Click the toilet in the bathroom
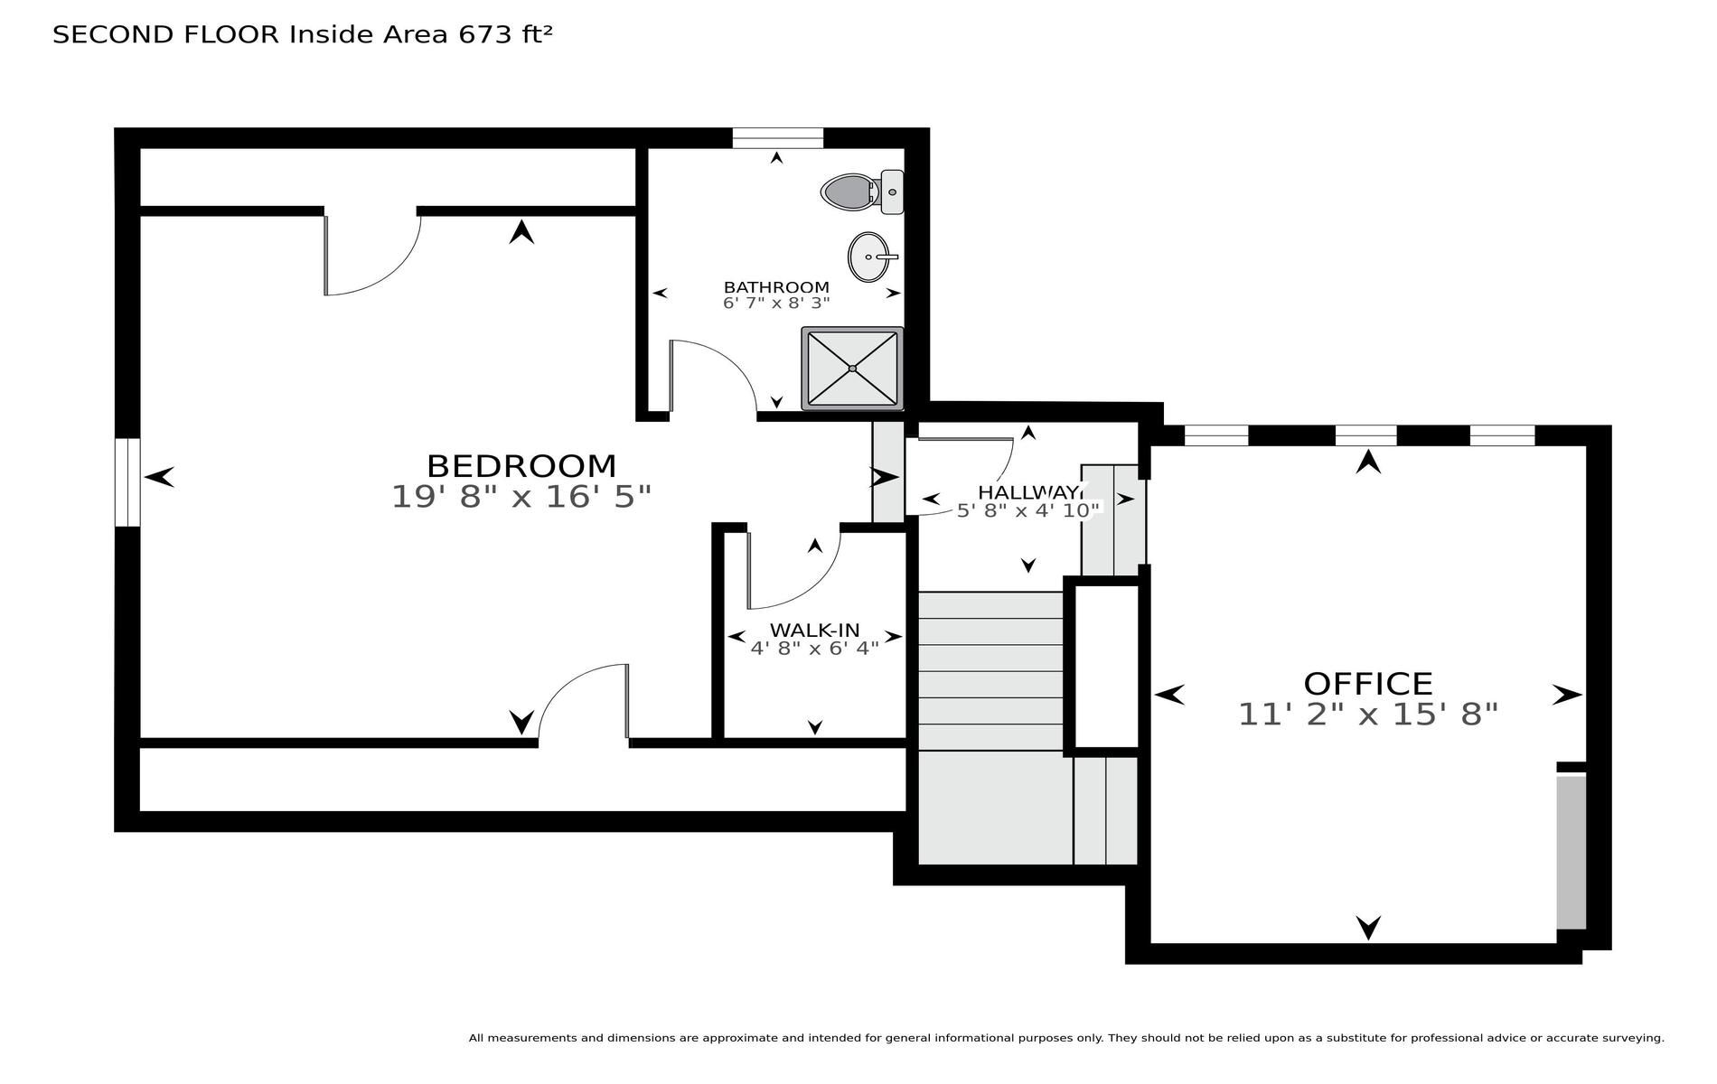pyautogui.click(x=862, y=192)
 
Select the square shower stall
pyautogui.click(x=852, y=369)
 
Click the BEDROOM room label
pyautogui.click(x=521, y=466)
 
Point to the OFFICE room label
pyautogui.click(x=1368, y=683)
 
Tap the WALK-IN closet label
pyautogui.click(x=814, y=630)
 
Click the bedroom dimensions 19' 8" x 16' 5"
pyautogui.click(x=521, y=497)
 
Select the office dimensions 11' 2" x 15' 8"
pyautogui.click(x=1368, y=715)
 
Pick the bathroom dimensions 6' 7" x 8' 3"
pyautogui.click(x=776, y=304)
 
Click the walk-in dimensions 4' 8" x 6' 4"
pyautogui.click(x=814, y=648)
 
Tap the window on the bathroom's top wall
pyautogui.click(x=777, y=137)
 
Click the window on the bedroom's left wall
pyautogui.click(x=127, y=482)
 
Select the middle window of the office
pyautogui.click(x=1365, y=435)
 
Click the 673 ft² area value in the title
pyautogui.click(x=505, y=34)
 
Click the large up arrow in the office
pyautogui.click(x=1368, y=462)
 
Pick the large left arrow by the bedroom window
pyautogui.click(x=159, y=476)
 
